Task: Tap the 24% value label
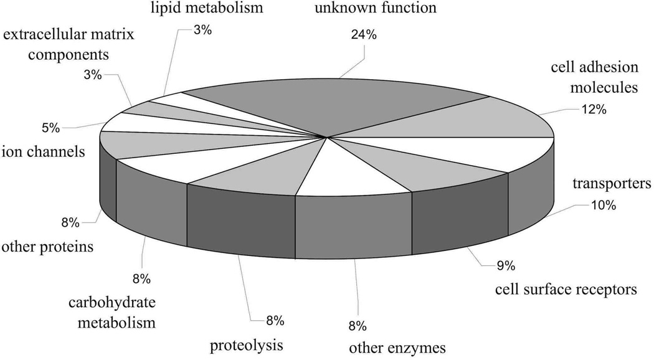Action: pyautogui.click(x=364, y=36)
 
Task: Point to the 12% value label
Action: pyautogui.click(x=593, y=110)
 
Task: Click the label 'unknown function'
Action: pyautogui.click(x=367, y=9)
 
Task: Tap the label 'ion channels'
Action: pyautogui.click(x=44, y=151)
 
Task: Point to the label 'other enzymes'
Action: pyautogui.click(x=397, y=348)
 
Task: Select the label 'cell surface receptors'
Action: pyautogui.click(x=566, y=289)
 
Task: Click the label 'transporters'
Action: pyautogui.click(x=612, y=184)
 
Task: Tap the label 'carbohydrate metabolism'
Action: pyautogui.click(x=112, y=313)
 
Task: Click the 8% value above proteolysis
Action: pyautogui.click(x=275, y=321)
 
